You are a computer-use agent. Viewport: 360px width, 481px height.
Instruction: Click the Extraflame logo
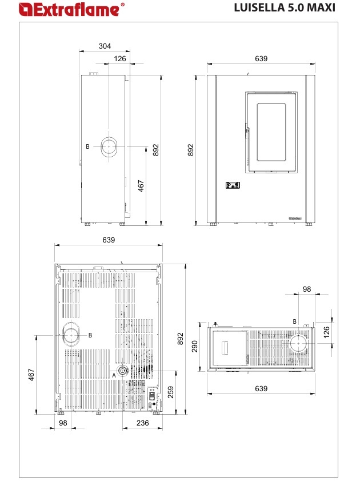point(71,9)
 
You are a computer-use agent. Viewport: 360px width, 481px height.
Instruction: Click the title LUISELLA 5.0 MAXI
point(285,7)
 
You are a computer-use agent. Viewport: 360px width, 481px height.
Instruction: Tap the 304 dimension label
point(105,46)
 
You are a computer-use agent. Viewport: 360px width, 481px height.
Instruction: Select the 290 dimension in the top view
point(195,347)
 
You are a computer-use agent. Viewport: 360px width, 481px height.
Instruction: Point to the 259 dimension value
point(171,392)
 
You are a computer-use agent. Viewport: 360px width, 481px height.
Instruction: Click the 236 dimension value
point(142,423)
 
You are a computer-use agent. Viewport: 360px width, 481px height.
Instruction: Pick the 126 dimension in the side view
point(120,58)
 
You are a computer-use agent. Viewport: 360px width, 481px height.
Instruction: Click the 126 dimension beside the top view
point(327,332)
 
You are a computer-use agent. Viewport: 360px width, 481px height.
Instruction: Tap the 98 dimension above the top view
point(307,289)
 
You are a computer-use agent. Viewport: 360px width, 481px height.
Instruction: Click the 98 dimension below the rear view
point(63,423)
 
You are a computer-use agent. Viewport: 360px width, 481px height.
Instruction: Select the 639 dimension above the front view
point(261,58)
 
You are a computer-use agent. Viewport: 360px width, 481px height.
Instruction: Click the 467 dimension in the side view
point(141,186)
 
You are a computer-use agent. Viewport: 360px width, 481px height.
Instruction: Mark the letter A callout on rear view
point(114,375)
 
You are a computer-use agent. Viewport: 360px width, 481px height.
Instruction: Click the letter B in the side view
point(87,146)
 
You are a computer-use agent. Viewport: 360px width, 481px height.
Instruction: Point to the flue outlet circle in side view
point(109,146)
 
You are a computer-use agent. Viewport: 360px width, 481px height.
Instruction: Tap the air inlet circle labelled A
point(122,371)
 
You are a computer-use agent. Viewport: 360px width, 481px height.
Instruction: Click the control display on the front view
point(233,185)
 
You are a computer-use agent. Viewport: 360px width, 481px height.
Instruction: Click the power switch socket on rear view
point(151,396)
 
